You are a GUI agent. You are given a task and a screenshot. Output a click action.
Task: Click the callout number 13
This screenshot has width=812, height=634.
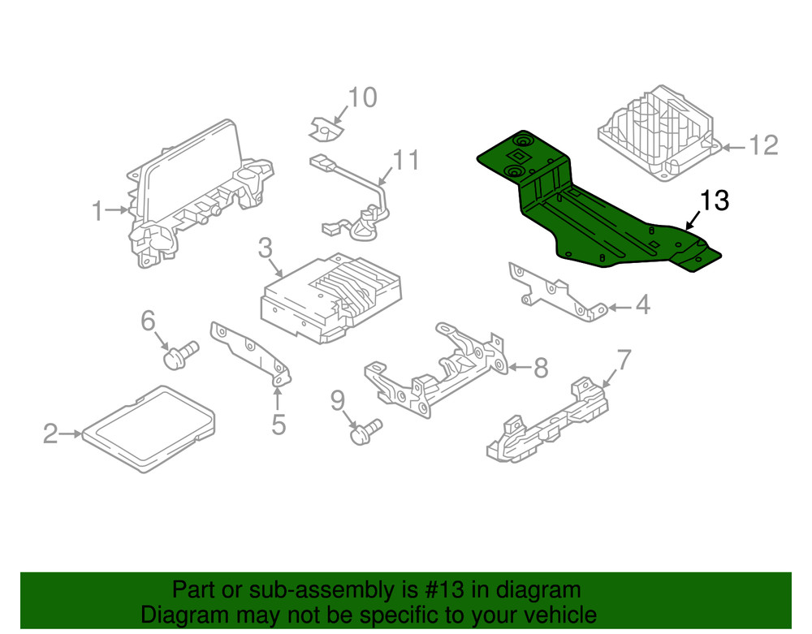[715, 201]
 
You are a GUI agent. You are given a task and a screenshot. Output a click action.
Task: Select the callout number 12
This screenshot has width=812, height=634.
[762, 146]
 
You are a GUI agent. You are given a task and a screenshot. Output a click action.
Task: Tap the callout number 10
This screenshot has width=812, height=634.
[362, 98]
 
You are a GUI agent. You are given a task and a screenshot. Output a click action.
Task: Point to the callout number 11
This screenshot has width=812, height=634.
[406, 160]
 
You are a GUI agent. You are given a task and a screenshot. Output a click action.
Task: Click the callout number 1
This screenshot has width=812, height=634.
[97, 212]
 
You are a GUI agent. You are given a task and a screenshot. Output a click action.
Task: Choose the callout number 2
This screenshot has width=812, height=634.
[50, 435]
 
